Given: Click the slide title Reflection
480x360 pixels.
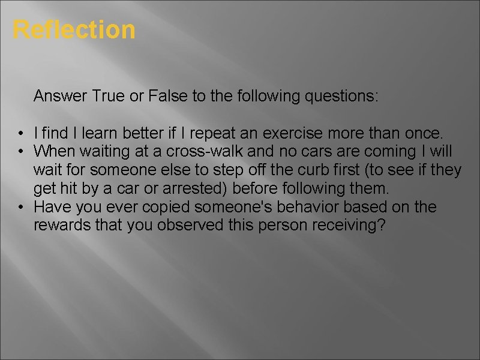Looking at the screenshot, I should pyautogui.click(x=74, y=29).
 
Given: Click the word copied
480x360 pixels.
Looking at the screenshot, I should pyautogui.click(x=160, y=208).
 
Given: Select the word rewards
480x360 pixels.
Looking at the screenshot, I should pyautogui.click(x=61, y=226).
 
